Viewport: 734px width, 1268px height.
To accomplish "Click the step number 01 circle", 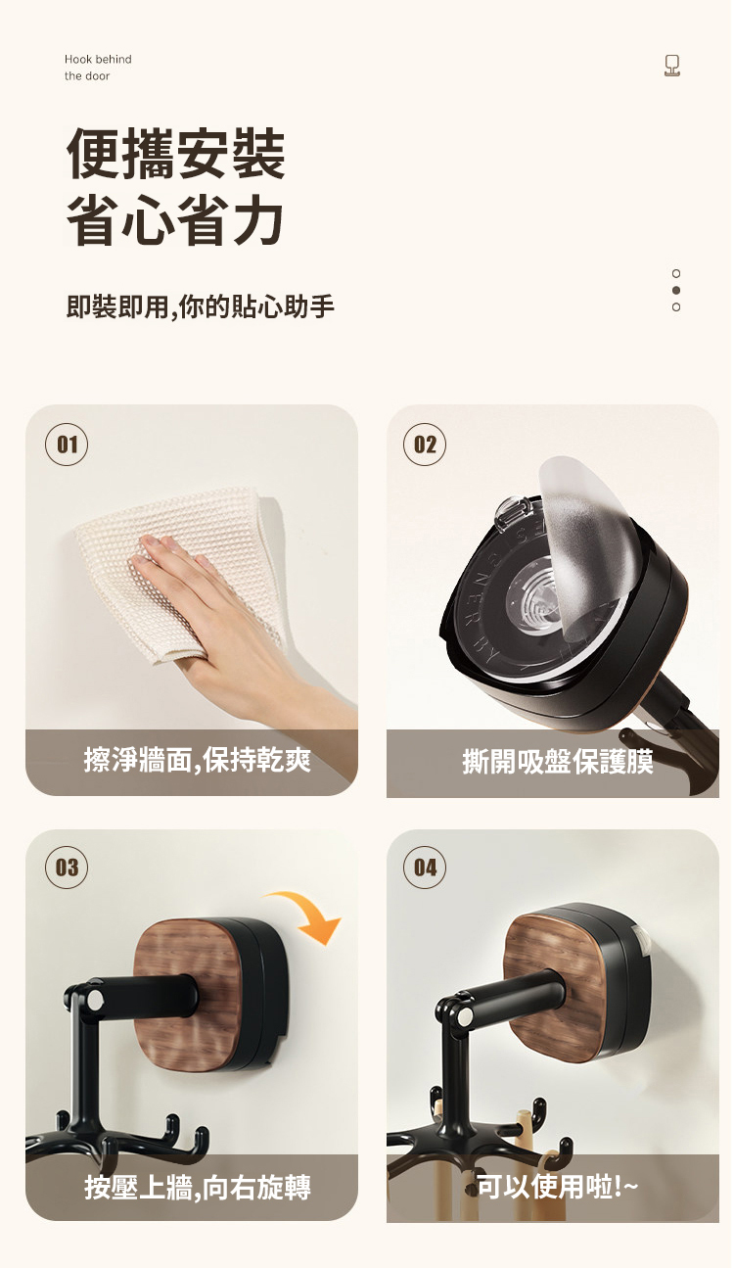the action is pos(67,445).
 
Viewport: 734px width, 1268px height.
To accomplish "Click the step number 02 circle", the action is pos(425,445).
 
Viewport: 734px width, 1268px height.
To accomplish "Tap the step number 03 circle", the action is pos(67,868).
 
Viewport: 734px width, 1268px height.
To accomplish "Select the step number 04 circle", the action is pos(425,868).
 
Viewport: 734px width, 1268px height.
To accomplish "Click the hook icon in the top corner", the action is pos(671,66).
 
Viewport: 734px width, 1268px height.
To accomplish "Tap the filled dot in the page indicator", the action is pos(675,291).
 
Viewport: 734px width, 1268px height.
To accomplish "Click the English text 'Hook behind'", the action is pos(98,60).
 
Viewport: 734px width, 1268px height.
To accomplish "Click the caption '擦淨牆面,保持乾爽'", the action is pos(197,760).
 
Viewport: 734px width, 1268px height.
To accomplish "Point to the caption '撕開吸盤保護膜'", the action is pos(558,762).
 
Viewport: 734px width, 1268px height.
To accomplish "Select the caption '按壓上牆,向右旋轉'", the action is pos(198,1188).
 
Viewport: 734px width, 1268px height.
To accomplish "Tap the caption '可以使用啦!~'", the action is pos(558,1187).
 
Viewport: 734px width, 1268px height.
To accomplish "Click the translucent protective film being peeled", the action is pos(583,543).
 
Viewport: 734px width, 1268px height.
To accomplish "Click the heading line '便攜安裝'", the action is pos(176,154).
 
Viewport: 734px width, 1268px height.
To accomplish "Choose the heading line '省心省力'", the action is pos(175,219).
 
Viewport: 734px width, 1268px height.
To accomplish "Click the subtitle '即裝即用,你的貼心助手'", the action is pos(201,306).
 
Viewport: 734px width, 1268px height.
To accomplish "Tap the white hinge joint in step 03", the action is pos(95,1001).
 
